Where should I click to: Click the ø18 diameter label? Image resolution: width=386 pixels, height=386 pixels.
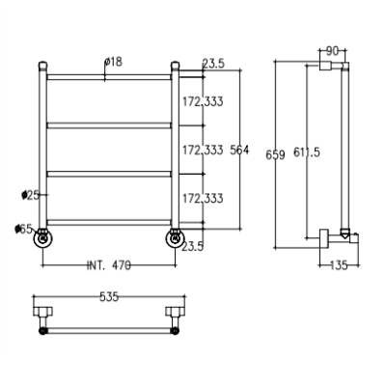114,62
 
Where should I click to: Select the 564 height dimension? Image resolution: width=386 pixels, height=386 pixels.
239,151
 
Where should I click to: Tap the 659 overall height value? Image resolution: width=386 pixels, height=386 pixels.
275,155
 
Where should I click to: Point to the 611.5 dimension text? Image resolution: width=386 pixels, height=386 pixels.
307,152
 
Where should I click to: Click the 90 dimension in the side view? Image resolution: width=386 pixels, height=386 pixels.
332,51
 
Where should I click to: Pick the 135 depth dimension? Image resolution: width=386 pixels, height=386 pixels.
339,265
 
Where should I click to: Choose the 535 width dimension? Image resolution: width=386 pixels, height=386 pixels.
109,297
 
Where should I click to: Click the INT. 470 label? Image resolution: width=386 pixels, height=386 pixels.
109,265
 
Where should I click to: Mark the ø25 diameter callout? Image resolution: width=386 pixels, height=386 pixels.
31,195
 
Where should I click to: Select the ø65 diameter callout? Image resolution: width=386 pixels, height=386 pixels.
23,229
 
